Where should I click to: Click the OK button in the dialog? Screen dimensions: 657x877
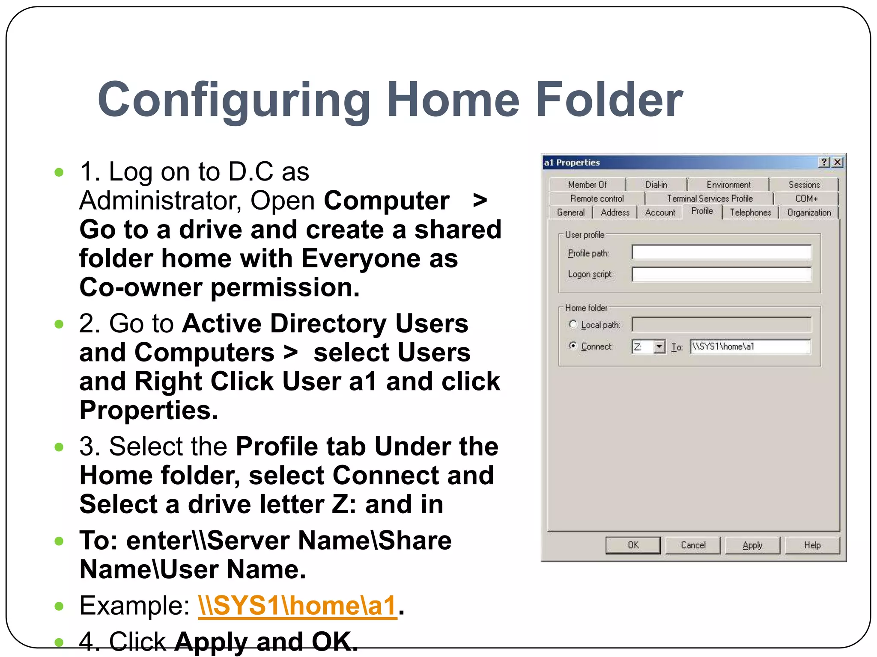pos(632,545)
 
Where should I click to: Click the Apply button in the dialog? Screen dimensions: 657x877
pos(752,545)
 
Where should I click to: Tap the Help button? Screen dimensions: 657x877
pos(812,545)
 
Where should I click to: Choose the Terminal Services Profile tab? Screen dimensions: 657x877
pos(709,198)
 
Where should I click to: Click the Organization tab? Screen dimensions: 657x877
pos(808,213)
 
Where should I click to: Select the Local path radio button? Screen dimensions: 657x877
pos(573,324)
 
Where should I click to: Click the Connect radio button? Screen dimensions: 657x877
pos(573,346)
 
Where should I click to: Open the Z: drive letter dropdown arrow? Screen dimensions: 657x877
pos(659,346)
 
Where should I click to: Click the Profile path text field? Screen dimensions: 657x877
pos(721,252)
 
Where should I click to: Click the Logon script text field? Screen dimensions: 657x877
pos(721,274)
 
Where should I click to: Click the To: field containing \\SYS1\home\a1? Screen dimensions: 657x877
pos(749,346)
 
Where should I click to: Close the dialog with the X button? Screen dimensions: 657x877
pos(838,162)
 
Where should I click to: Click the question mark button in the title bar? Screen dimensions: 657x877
pos(824,162)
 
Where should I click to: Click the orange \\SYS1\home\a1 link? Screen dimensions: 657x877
pos(297,606)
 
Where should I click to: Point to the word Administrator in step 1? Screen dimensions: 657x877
pos(160,200)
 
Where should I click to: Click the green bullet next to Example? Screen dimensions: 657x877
pos(59,606)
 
